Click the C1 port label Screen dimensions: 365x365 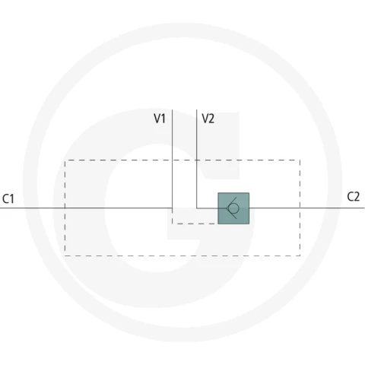click(x=8, y=198)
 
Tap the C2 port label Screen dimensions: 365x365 click(x=353, y=197)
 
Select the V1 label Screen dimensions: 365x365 click(x=160, y=119)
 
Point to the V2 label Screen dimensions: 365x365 click(x=208, y=119)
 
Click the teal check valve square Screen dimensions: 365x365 click(x=233, y=208)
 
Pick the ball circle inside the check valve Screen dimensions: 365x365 click(x=233, y=208)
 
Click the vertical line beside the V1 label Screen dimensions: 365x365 click(x=173, y=159)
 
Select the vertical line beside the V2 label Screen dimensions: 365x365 click(x=197, y=159)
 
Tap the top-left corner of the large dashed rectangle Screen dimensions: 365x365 click(x=65, y=160)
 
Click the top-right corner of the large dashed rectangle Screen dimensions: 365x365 click(x=300, y=160)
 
